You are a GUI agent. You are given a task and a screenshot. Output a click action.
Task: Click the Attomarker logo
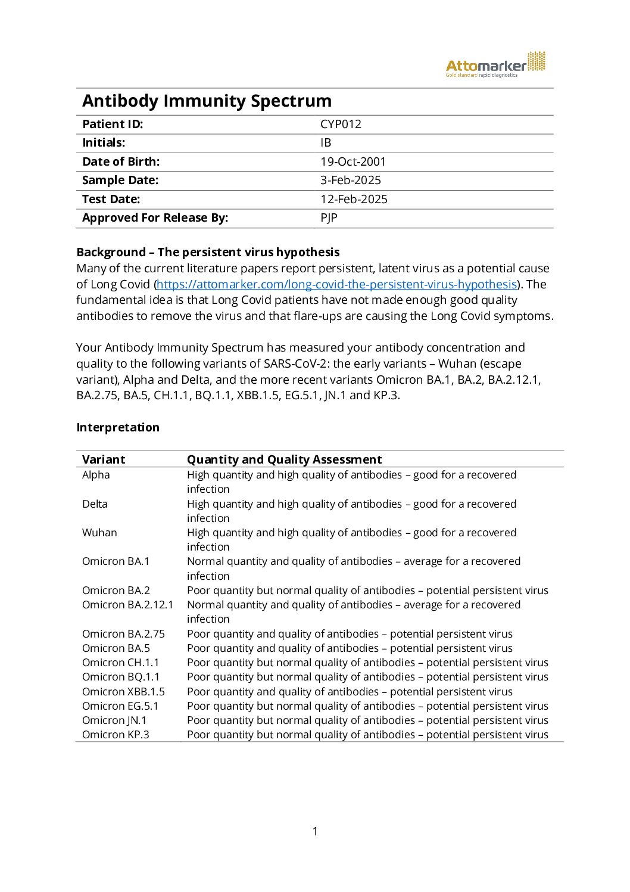(495, 65)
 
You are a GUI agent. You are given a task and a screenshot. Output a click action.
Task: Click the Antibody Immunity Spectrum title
(207, 101)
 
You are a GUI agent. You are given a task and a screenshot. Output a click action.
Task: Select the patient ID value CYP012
(341, 124)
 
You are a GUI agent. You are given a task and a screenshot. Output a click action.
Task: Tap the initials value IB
(326, 143)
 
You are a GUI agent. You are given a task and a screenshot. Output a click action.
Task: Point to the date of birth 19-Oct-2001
(353, 161)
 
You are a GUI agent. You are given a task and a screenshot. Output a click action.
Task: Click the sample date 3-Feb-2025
(350, 180)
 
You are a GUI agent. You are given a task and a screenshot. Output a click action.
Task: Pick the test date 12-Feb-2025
(354, 199)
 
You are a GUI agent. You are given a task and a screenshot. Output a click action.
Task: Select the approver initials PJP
(329, 217)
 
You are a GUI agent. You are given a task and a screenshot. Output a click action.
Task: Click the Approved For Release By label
(155, 217)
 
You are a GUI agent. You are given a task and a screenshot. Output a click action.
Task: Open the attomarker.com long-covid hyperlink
(336, 284)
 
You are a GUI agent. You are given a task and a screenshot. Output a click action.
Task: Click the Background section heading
(208, 252)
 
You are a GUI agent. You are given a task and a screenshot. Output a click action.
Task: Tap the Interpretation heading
(118, 427)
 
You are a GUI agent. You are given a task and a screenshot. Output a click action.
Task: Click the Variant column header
(104, 459)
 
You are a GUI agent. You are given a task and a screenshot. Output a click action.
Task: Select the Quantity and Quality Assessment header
(284, 459)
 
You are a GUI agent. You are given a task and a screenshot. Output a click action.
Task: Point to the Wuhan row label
(99, 533)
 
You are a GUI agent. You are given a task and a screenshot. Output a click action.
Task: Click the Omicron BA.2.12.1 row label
(127, 605)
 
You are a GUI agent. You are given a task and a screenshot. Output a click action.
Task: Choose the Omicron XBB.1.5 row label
(123, 692)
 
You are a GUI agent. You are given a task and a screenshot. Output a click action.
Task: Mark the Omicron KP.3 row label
(116, 735)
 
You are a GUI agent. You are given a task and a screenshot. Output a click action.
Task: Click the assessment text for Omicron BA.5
(350, 648)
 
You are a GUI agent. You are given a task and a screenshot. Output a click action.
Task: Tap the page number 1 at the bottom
(315, 831)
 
